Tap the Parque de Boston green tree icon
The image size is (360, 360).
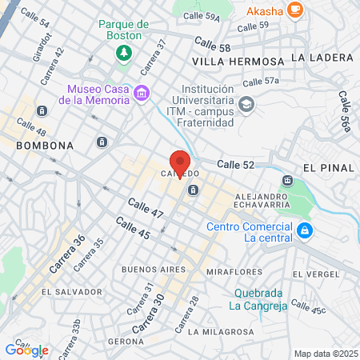tap(124, 53)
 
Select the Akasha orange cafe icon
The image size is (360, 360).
tap(296, 10)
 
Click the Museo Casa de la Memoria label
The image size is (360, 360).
tap(98, 94)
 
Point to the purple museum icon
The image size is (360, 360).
tap(142, 93)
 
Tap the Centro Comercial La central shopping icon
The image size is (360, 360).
tap(304, 231)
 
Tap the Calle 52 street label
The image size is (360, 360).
tap(235, 164)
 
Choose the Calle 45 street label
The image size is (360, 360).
tap(132, 228)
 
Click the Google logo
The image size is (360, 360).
tap(26, 350)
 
